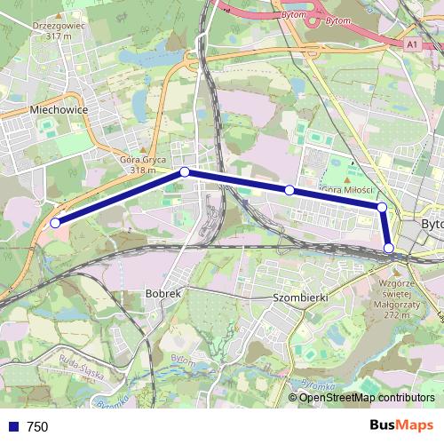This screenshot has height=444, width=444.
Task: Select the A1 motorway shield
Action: click(411, 42)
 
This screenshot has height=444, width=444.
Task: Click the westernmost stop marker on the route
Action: click(55, 223)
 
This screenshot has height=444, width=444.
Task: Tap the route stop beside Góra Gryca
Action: click(184, 171)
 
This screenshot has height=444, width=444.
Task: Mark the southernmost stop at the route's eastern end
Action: click(389, 248)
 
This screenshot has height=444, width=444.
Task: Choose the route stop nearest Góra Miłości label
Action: click(289, 190)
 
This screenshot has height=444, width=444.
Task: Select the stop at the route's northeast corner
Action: click(382, 208)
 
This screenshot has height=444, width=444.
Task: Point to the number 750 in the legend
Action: click(37, 427)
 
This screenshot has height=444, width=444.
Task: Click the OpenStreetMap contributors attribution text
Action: click(367, 398)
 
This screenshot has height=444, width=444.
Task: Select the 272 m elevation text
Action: click(393, 315)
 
